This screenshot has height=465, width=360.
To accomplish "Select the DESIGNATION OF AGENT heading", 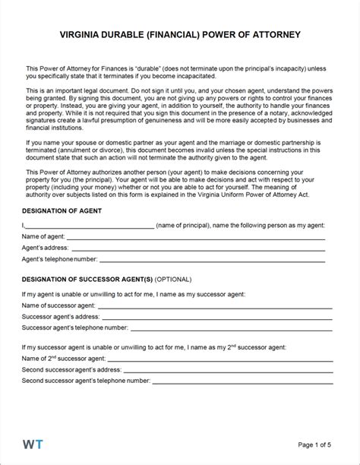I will click(x=62, y=209).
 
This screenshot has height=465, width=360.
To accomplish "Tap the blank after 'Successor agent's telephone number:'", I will click(x=231, y=330).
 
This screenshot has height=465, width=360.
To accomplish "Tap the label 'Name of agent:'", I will click(x=43, y=237).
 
